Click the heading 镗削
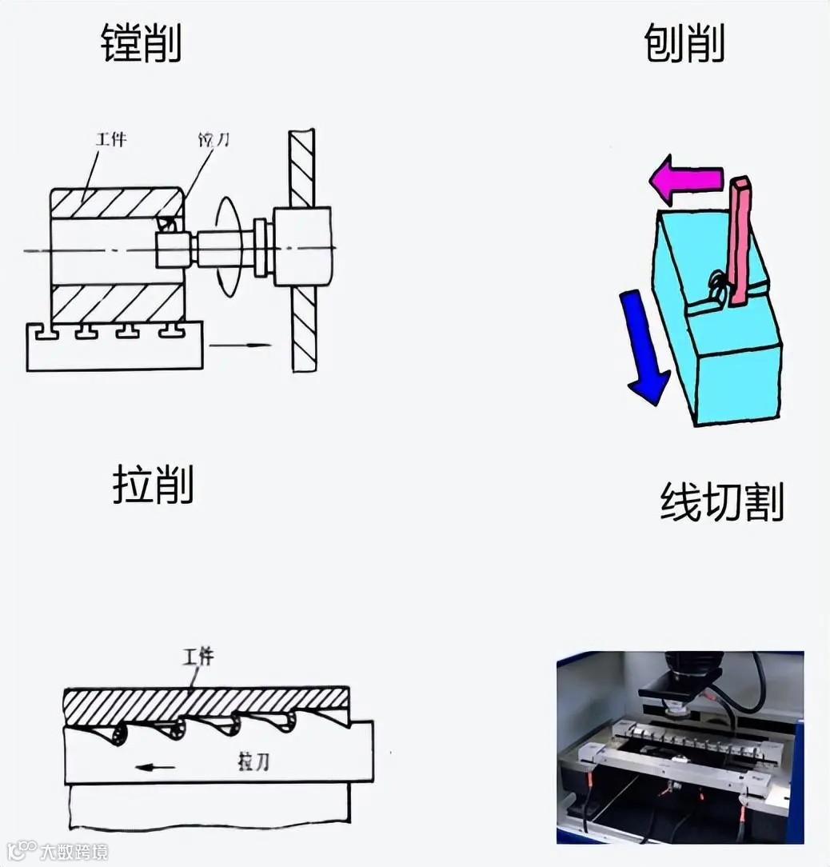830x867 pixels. click(142, 44)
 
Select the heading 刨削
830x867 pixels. click(684, 44)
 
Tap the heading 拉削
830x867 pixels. click(153, 485)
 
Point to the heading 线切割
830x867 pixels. click(721, 502)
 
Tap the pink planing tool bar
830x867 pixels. click(741, 240)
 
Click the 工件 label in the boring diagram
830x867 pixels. click(111, 140)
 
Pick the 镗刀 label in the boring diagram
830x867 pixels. click(214, 140)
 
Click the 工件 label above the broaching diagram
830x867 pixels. click(198, 657)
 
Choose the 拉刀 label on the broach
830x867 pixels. click(253, 761)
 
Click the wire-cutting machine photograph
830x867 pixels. click(680, 747)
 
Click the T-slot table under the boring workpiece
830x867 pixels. click(114, 349)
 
